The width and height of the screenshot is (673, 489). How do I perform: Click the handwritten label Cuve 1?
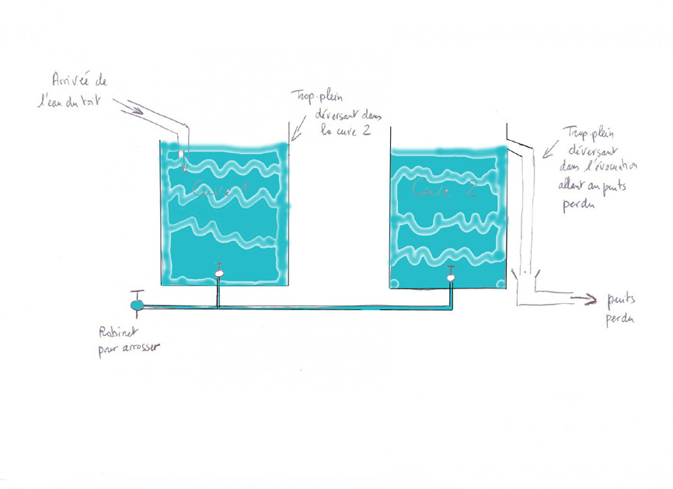tap(222, 188)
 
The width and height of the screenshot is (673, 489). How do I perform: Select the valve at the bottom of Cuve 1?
tap(219, 273)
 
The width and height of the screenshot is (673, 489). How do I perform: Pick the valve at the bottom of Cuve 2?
tap(451, 274)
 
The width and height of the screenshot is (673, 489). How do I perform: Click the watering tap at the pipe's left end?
tap(137, 305)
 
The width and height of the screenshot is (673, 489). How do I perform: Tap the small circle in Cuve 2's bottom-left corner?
tap(394, 283)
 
